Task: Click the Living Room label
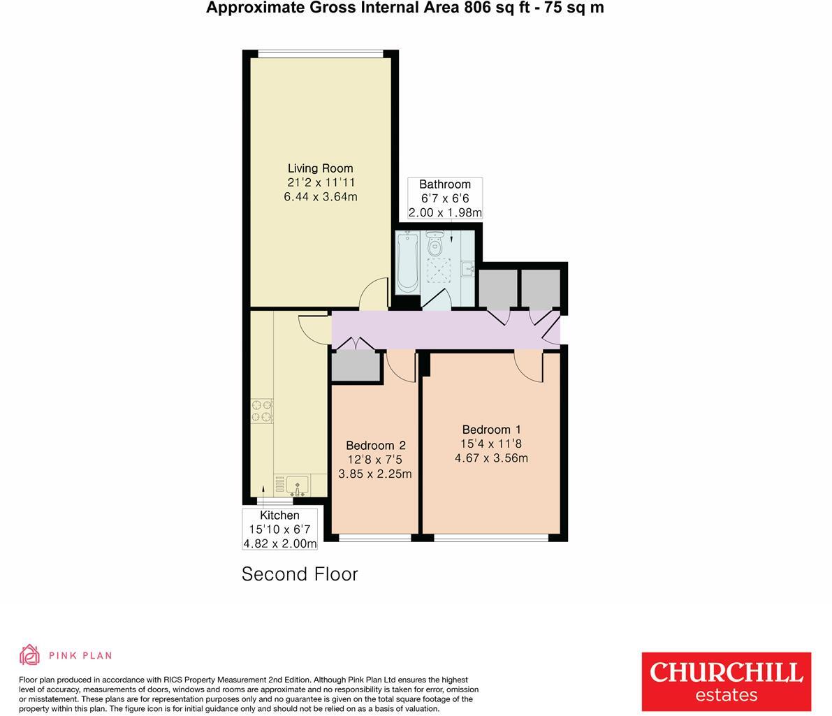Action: tap(320, 168)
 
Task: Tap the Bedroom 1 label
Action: tap(491, 430)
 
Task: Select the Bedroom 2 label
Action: tap(375, 446)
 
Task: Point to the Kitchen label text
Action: tap(279, 516)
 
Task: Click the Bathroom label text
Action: tap(445, 184)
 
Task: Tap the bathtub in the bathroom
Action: tap(407, 263)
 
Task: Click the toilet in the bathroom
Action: tap(435, 246)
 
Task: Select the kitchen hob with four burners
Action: tap(262, 410)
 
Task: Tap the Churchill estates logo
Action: tap(726, 682)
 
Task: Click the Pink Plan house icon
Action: tap(30, 655)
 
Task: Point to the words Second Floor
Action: tap(300, 574)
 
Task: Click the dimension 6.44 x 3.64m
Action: tap(320, 197)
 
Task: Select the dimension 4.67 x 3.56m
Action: tap(491, 458)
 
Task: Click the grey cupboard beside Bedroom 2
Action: tap(356, 367)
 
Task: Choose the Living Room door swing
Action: tap(374, 293)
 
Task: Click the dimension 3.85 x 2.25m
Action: tap(375, 474)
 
